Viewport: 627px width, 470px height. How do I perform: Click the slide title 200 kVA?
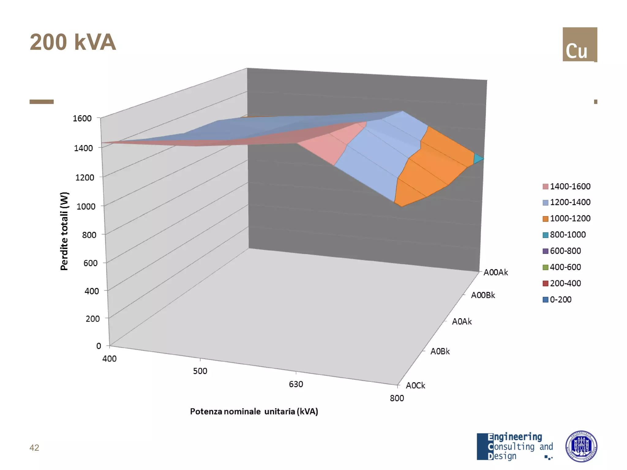click(73, 42)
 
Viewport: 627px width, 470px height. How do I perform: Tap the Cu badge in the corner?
click(580, 45)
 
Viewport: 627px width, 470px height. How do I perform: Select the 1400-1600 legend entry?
click(567, 186)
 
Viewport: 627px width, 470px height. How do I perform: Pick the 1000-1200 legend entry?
click(567, 218)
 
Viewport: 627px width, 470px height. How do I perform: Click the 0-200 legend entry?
click(557, 300)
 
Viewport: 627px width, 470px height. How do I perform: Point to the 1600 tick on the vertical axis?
click(82, 118)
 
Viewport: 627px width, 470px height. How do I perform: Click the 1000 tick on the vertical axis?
click(86, 207)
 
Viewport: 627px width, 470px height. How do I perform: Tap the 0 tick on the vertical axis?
click(99, 346)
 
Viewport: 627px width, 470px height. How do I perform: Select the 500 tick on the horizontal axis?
click(200, 371)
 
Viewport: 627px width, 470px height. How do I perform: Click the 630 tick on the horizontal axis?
click(296, 384)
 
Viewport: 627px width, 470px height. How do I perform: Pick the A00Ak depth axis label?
click(495, 272)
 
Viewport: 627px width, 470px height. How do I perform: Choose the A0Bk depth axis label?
click(440, 351)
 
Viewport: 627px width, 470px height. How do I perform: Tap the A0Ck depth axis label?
click(415, 386)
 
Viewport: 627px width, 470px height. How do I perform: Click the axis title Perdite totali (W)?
click(64, 231)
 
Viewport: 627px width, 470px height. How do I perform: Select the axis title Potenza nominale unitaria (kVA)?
click(254, 412)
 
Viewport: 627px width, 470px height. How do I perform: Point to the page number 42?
click(34, 448)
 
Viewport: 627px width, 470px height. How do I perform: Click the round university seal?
click(581, 446)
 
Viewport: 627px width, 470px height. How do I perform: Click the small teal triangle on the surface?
click(478, 159)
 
